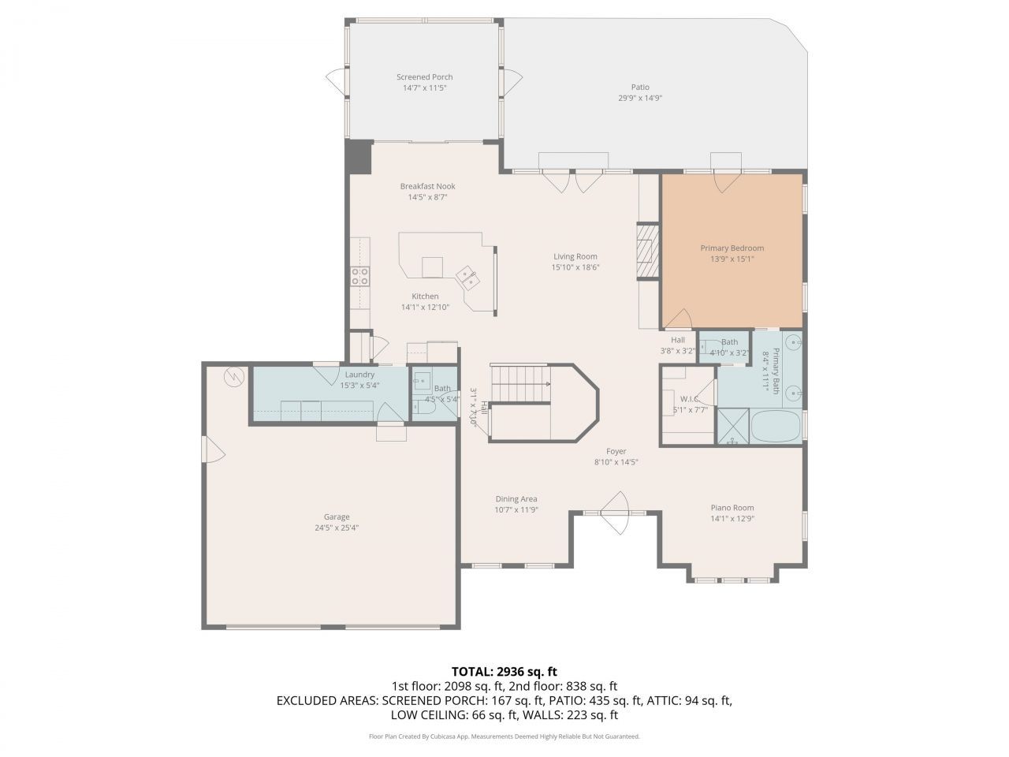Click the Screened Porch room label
[x=424, y=77]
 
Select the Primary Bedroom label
[x=732, y=248]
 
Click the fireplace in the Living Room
[x=646, y=250]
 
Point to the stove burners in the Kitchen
[x=359, y=276]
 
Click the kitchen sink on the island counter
[x=468, y=275]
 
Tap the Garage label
[x=337, y=517]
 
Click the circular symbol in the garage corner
[x=234, y=378]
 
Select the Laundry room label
[x=359, y=375]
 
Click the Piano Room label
[x=732, y=508]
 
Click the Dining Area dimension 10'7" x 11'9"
[x=516, y=509]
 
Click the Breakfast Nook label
[x=427, y=187]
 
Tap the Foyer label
[x=616, y=452]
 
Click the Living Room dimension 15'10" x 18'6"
[x=575, y=267]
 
